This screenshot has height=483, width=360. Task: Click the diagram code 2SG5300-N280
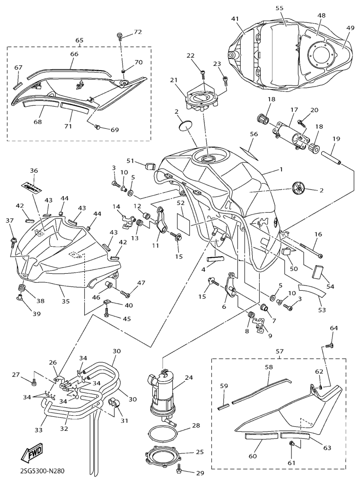point(42,471)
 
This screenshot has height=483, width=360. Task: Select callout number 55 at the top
point(279,8)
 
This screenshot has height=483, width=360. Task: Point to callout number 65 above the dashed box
point(79,41)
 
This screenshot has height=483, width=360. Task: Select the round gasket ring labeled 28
point(164,432)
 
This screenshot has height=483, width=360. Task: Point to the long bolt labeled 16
point(310,250)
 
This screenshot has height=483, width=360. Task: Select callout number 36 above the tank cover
point(34,170)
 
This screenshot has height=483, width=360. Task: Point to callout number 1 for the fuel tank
point(281,169)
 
